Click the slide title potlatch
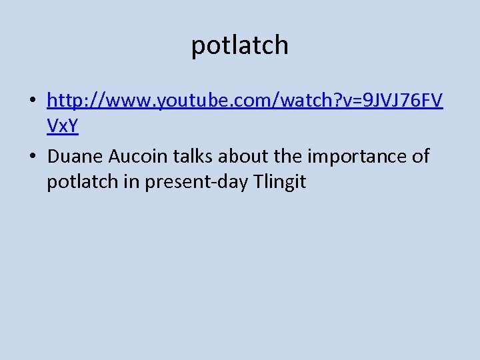click(x=240, y=45)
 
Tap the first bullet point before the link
click(x=32, y=101)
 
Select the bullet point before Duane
click(x=32, y=157)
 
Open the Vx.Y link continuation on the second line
click(x=63, y=127)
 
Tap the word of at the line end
click(x=421, y=157)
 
